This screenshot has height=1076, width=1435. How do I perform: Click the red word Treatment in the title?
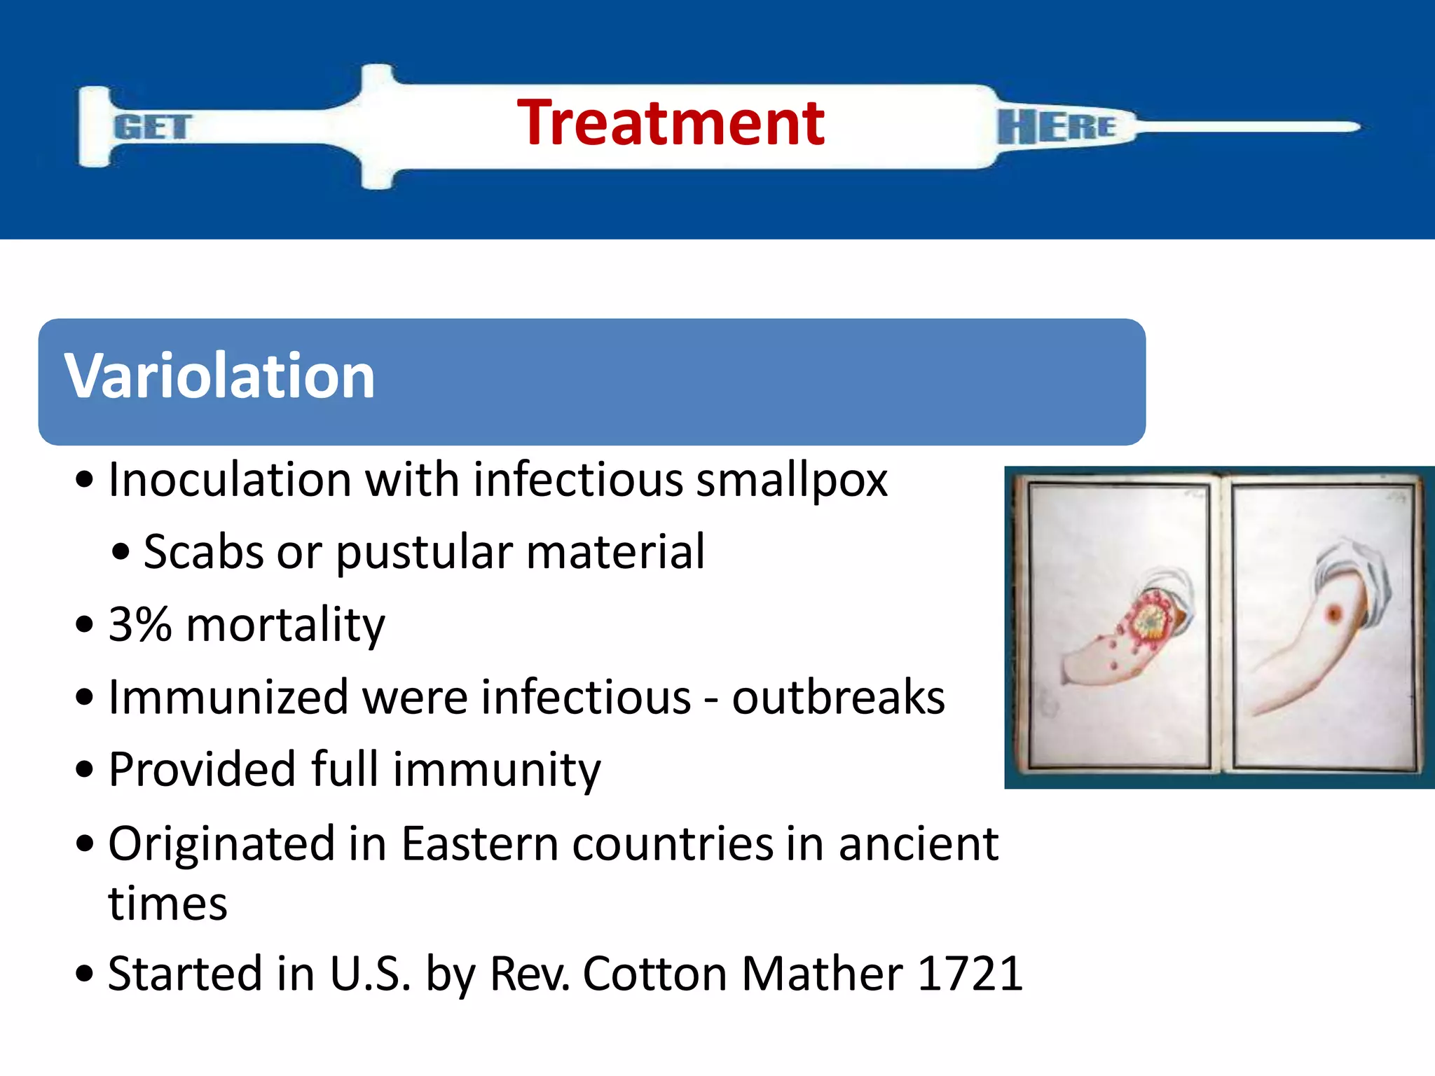pyautogui.click(x=671, y=123)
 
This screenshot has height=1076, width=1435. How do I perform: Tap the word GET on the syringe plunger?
pyautogui.click(x=152, y=127)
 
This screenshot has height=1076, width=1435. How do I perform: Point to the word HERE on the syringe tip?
pyautogui.click(x=1056, y=127)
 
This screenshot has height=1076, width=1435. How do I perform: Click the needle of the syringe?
pyautogui.click(x=1247, y=127)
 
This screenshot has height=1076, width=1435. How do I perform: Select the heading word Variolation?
pyautogui.click(x=220, y=376)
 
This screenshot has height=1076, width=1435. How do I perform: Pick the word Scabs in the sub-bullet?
pyautogui.click(x=203, y=552)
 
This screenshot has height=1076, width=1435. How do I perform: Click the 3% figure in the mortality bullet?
pyautogui.click(x=140, y=624)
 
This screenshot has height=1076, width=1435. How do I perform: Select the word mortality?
pyautogui.click(x=286, y=625)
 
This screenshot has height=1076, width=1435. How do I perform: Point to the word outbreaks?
pyautogui.click(x=838, y=698)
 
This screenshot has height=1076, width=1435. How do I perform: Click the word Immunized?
pyautogui.click(x=228, y=698)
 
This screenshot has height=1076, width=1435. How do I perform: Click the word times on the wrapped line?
pyautogui.click(x=168, y=904)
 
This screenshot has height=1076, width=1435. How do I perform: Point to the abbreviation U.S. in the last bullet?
pyautogui.click(x=369, y=974)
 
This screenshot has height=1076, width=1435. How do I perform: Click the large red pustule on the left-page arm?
pyautogui.click(x=1149, y=620)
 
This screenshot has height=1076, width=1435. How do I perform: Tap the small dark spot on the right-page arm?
pyautogui.click(x=1333, y=614)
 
